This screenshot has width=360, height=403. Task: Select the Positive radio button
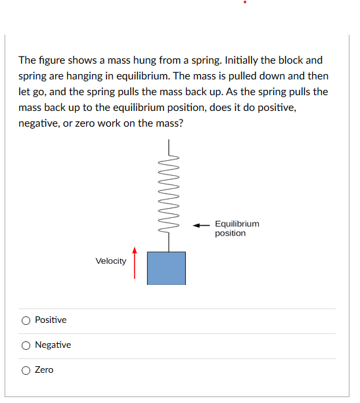click(x=26, y=320)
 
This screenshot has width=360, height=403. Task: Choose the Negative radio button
click(x=26, y=345)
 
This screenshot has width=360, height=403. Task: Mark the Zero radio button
click(x=26, y=370)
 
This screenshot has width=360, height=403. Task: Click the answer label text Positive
click(x=51, y=320)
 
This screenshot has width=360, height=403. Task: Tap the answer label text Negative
click(x=53, y=345)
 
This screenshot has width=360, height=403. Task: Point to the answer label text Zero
click(x=44, y=370)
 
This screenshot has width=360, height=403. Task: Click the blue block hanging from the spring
click(x=166, y=268)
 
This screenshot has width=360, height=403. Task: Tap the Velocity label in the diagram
click(x=111, y=261)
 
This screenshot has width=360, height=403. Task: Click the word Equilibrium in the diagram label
click(x=236, y=224)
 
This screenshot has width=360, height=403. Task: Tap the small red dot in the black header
click(x=246, y=2)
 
